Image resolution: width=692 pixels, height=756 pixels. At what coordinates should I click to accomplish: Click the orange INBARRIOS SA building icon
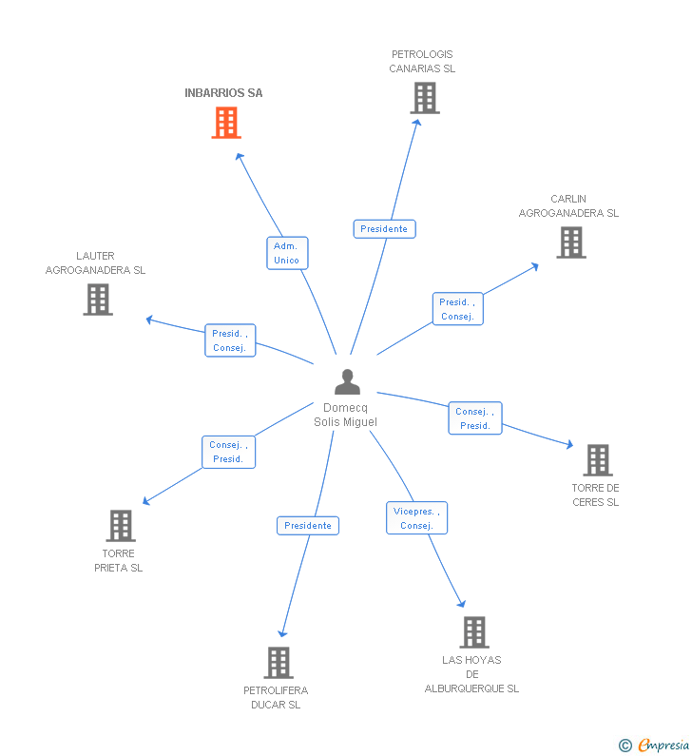226,123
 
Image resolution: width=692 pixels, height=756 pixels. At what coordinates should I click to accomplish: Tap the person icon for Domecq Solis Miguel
347,382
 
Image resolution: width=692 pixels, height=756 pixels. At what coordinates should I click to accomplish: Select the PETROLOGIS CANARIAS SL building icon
424,98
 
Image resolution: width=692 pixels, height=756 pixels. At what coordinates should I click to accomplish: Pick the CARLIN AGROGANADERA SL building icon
570,242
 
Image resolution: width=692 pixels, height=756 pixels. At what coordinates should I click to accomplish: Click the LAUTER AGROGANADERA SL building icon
97,300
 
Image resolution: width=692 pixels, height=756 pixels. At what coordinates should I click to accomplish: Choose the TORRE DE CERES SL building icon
597,460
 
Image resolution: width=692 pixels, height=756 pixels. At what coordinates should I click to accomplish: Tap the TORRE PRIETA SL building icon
121,526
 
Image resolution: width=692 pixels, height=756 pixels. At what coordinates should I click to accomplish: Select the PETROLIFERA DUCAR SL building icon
278,663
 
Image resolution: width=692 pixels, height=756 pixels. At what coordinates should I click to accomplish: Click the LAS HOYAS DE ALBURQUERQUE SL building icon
473,632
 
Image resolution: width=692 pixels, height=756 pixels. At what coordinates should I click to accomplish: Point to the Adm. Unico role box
286,253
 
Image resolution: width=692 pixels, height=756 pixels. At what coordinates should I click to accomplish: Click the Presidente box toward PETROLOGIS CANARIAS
384,229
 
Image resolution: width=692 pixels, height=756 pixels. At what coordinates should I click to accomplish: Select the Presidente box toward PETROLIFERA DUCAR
308,526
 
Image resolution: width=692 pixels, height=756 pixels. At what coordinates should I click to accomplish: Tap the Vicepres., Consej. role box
416,518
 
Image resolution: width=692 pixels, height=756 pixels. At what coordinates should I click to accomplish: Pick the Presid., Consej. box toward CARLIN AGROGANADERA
457,309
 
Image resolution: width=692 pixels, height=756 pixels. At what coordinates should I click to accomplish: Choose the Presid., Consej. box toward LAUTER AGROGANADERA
230,340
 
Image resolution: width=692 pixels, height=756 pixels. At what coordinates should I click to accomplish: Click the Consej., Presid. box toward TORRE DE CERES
474,418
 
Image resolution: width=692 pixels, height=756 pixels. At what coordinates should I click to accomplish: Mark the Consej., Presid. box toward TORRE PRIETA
228,452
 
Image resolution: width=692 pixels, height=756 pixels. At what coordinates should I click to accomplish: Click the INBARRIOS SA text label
223,93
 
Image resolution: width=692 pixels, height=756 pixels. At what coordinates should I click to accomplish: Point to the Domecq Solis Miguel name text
345,415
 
